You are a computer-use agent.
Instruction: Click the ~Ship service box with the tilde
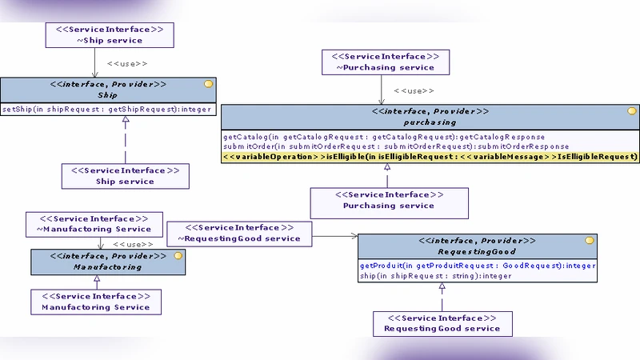coord(109,34)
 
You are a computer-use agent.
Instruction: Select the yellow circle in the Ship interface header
coord(208,84)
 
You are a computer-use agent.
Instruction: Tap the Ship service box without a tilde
coord(125,176)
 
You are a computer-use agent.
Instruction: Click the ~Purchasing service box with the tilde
coord(384,62)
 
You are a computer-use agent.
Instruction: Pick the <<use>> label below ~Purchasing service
coord(414,91)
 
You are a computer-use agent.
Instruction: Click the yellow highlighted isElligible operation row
coord(430,158)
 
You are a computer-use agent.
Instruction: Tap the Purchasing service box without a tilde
coord(388,200)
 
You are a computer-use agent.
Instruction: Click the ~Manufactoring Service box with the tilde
coord(94,224)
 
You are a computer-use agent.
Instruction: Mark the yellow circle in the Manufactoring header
coord(178,256)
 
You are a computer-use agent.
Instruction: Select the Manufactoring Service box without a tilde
coord(95,302)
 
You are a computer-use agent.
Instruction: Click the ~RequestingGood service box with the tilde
coord(239,233)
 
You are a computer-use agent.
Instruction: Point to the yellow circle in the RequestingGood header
coord(589,240)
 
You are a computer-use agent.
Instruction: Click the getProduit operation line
coord(477,266)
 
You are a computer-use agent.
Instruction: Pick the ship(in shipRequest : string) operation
coord(435,276)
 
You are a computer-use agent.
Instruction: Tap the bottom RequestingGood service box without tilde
coord(442,323)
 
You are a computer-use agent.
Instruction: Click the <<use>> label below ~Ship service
coord(127,62)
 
